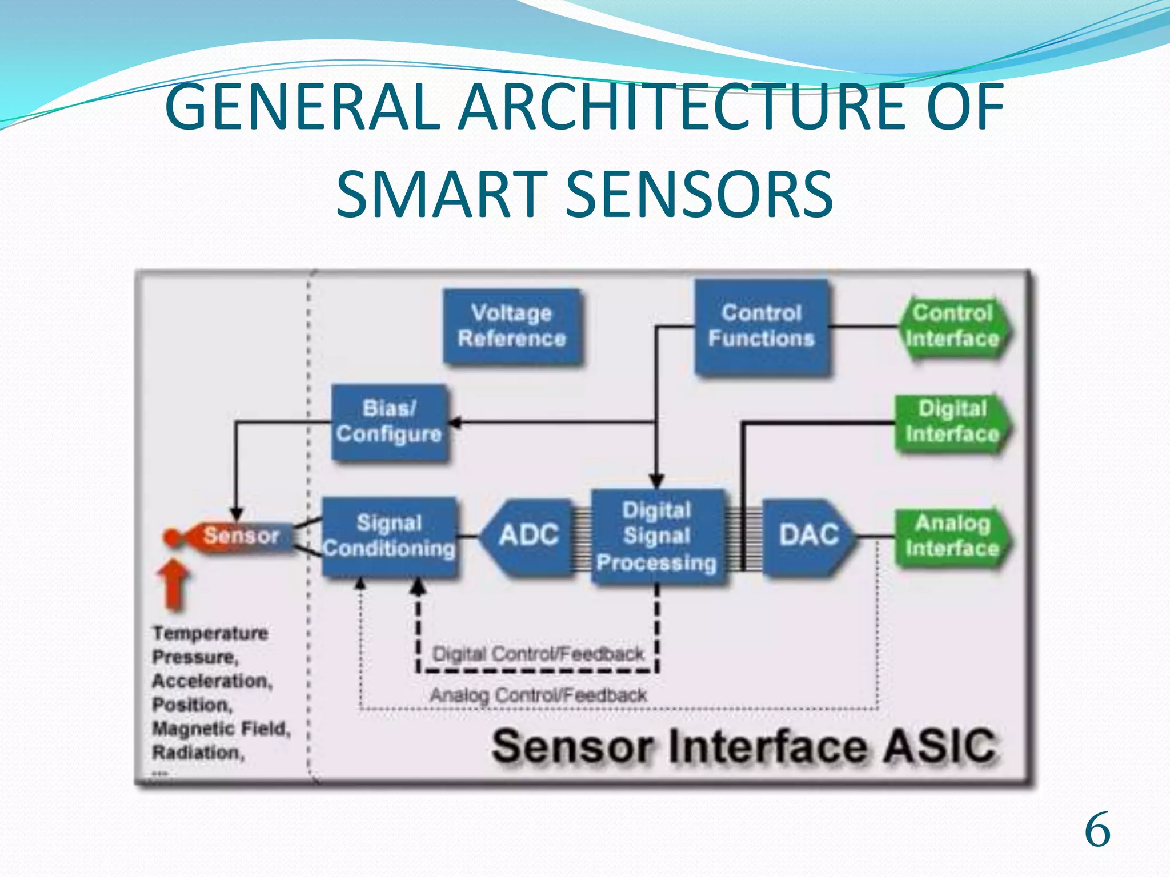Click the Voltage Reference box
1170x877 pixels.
[512, 326]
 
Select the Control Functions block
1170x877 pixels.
[761, 326]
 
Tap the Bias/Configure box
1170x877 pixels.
[389, 422]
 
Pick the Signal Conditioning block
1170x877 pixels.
[389, 536]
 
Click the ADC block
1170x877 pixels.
[528, 536]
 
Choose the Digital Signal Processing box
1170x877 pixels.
[657, 536]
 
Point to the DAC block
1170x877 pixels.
[808, 536]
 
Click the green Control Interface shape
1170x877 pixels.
[952, 326]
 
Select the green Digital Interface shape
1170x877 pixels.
[952, 422]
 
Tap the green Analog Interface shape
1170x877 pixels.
[952, 536]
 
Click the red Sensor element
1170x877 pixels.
[240, 536]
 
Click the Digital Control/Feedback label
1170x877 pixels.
[538, 654]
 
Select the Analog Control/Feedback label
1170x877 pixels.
[538, 695]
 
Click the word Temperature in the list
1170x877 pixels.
[210, 633]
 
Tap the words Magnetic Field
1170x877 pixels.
[221, 729]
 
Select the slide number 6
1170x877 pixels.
[1097, 831]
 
